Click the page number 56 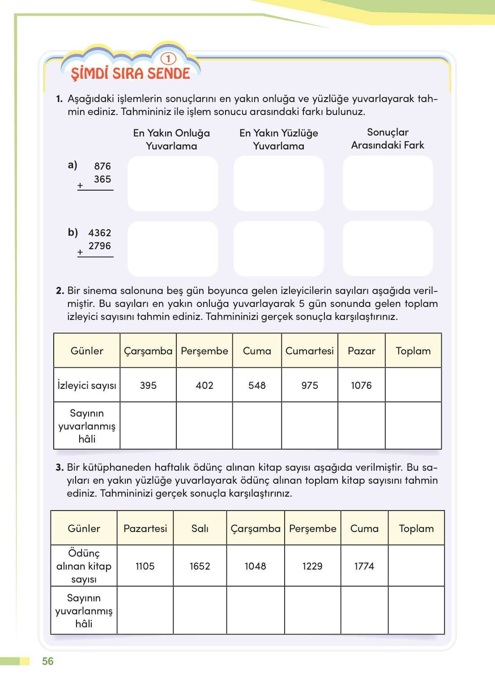[x=47, y=661]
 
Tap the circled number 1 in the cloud [x=168, y=59]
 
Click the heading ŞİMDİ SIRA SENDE [x=130, y=73]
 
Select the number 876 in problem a [x=102, y=166]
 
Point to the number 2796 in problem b [x=100, y=246]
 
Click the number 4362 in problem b [x=100, y=233]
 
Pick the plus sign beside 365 [x=80, y=185]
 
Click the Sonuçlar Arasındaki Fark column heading [x=388, y=139]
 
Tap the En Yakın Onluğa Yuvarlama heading [x=171, y=140]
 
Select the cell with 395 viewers [x=148, y=385]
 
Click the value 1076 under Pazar [x=361, y=385]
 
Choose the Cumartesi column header [x=310, y=351]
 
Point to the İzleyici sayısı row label [x=87, y=385]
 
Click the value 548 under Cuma [x=257, y=385]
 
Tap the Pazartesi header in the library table [x=145, y=528]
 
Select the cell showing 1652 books [x=200, y=566]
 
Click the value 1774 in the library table [x=364, y=566]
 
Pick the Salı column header [x=200, y=528]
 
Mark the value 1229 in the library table [x=312, y=566]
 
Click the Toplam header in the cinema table [x=413, y=351]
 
